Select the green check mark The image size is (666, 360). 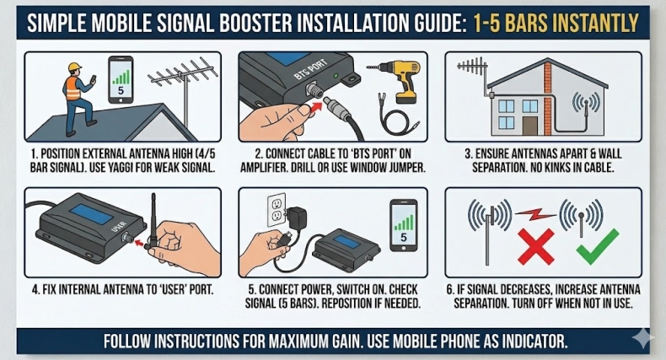click(597, 245)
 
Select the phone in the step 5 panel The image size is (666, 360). click(405, 226)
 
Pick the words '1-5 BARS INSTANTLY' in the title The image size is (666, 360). click(552, 23)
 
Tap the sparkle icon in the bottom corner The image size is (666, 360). click(642, 339)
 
